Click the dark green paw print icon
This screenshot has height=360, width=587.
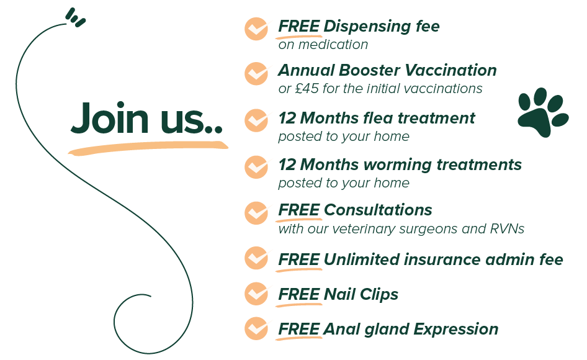click(543, 112)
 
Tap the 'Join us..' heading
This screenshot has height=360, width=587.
click(146, 118)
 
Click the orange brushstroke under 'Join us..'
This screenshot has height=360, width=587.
click(148, 148)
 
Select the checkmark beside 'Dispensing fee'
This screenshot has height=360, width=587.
click(256, 29)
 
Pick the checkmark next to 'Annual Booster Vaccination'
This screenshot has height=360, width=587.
click(256, 73)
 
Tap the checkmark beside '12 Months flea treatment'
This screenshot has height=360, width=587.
click(256, 120)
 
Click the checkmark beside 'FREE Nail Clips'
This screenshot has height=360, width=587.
click(256, 294)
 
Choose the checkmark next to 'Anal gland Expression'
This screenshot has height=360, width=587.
click(256, 328)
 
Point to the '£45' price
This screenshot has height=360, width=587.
click(307, 88)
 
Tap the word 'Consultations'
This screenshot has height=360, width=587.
click(378, 210)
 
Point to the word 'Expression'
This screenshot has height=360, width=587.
click(455, 330)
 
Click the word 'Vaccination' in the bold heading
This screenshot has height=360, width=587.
click(450, 70)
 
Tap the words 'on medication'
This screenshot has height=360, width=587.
click(323, 45)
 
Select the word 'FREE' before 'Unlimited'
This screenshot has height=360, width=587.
click(298, 259)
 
